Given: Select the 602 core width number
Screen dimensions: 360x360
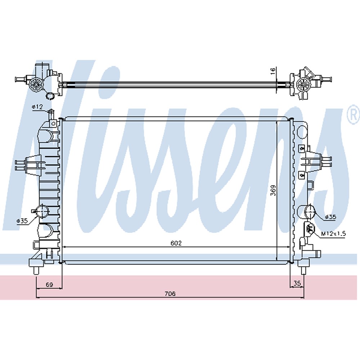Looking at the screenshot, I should point(176,243).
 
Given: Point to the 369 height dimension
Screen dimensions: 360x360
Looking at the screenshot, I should point(274,190).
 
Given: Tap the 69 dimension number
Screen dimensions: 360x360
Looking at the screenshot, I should point(49,285).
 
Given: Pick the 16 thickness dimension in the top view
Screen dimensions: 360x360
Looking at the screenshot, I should point(274,70).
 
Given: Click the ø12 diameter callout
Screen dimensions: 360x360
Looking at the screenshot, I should point(37,107).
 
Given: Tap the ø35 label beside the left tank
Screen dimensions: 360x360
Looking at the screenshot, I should point(22,221).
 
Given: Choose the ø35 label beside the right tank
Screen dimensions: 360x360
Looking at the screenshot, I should point(330,217).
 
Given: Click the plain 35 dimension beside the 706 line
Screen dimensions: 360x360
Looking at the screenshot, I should point(297,284).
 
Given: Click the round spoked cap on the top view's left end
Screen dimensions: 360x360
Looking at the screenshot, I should point(36,85).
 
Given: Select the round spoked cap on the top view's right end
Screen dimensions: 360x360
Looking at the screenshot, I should point(303,85).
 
